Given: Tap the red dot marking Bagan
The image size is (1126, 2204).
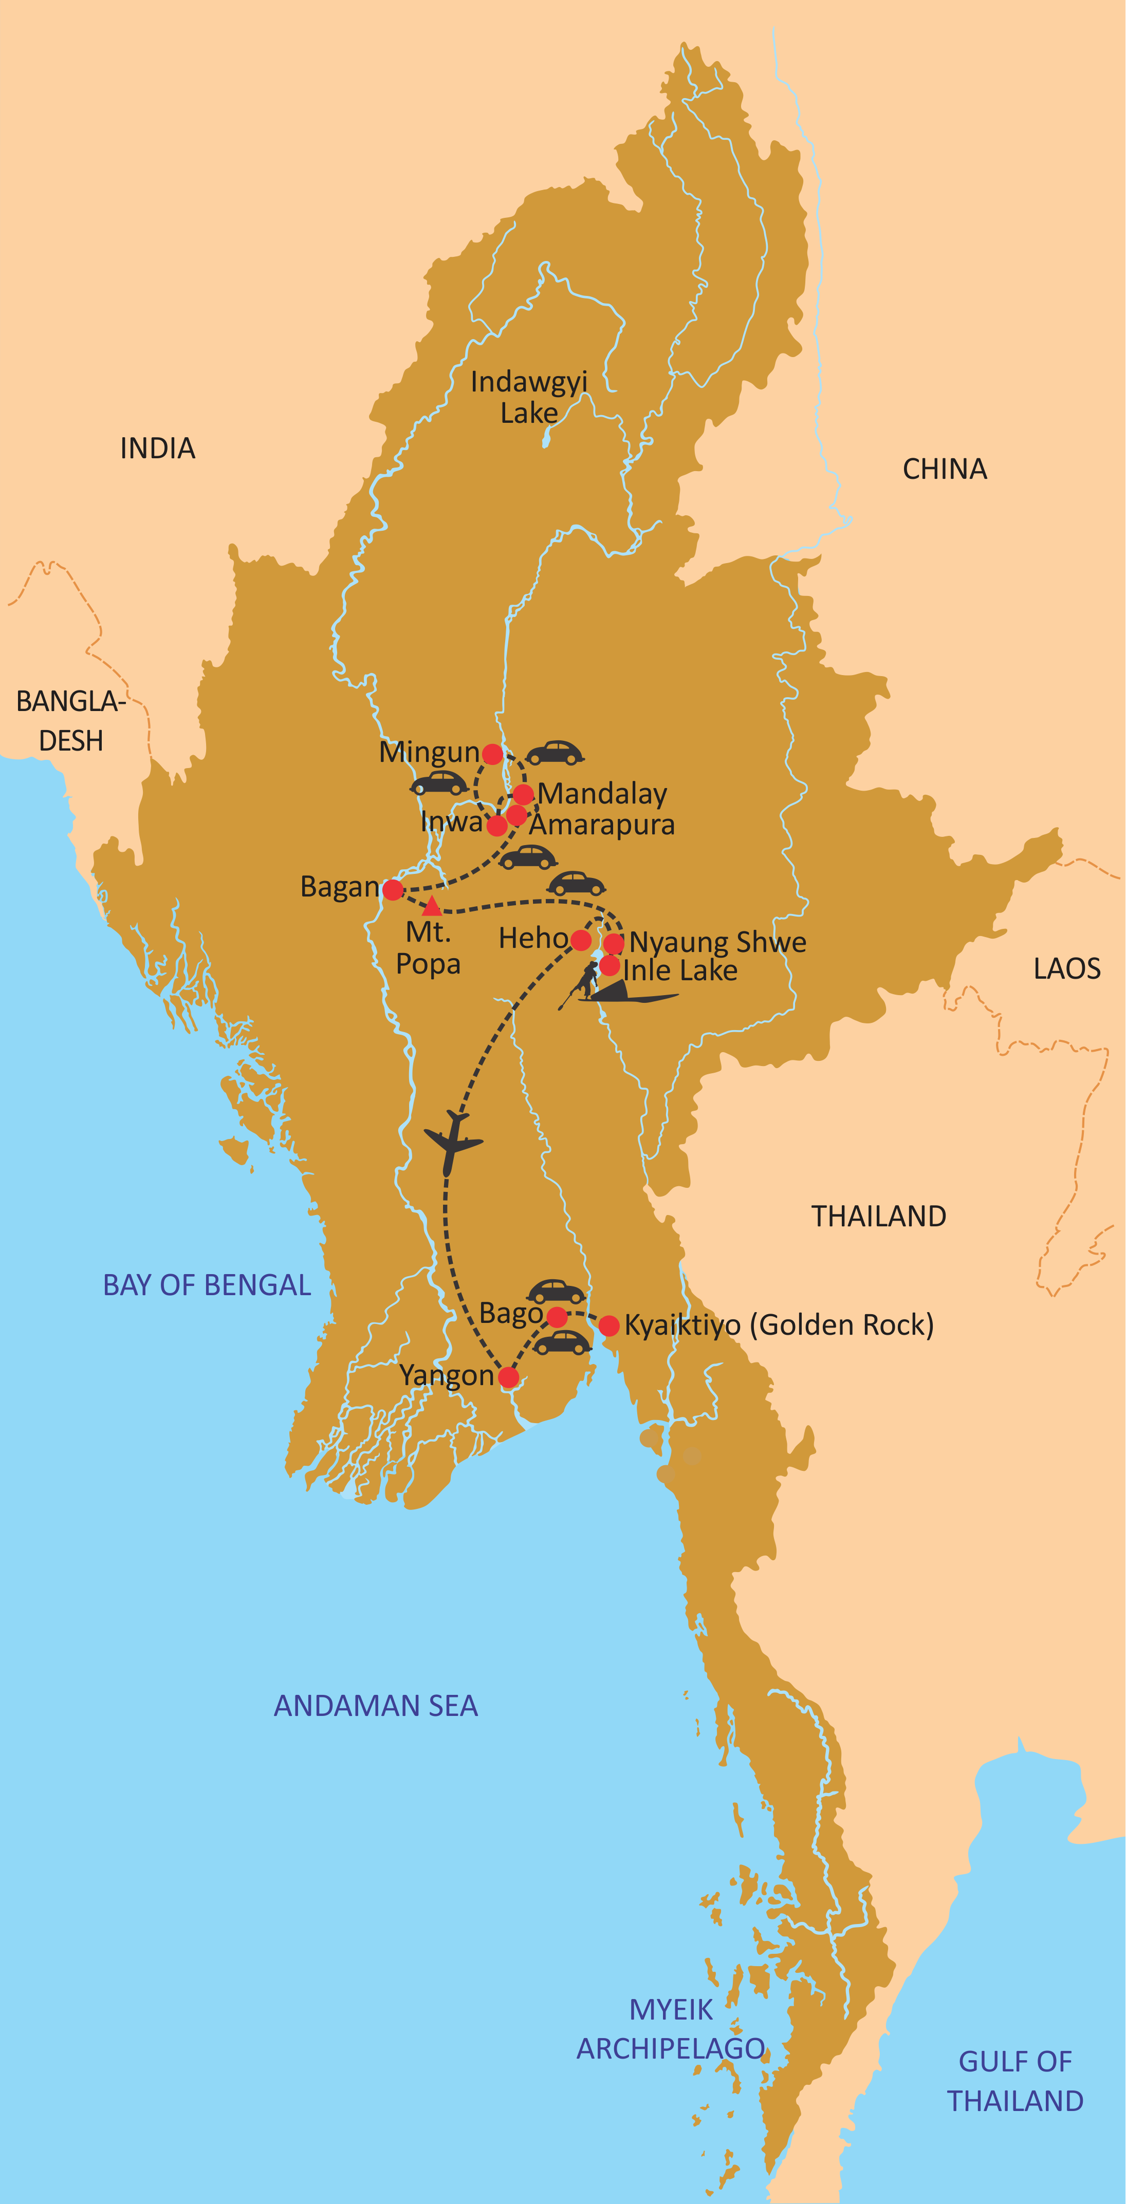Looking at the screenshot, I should (x=393, y=890).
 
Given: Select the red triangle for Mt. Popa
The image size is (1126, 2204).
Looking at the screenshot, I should (x=432, y=906).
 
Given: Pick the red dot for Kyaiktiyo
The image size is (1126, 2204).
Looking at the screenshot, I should (x=608, y=1325).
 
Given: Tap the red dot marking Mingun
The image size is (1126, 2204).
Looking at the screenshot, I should (x=492, y=754).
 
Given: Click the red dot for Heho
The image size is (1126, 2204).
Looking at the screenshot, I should (x=581, y=940).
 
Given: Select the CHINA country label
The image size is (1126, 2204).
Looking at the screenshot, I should (x=945, y=470).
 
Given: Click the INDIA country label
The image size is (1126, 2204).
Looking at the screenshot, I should (x=157, y=449).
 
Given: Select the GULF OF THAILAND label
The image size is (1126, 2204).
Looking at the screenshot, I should (x=1015, y=2081).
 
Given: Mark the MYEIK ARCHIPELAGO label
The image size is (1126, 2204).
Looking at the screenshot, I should (x=671, y=2029).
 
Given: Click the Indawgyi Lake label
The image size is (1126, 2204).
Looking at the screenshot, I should (x=529, y=397).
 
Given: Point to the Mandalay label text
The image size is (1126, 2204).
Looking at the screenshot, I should (x=602, y=794).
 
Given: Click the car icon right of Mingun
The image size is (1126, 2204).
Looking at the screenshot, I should (x=555, y=753).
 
